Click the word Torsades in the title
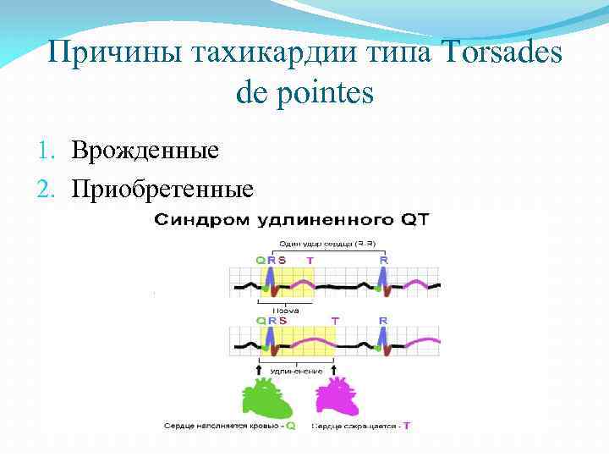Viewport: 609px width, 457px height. (498, 52)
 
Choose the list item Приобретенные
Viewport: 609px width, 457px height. (162, 187)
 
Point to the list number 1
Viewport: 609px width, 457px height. (49, 151)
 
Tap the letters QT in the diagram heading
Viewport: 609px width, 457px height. (414, 221)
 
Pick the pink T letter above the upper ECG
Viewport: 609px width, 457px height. (310, 260)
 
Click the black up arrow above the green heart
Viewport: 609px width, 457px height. (257, 370)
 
